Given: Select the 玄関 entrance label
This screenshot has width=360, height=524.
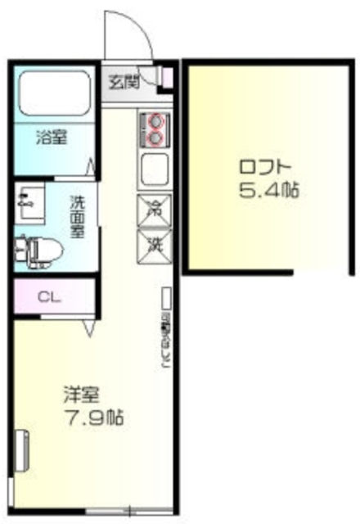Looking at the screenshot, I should (125, 81).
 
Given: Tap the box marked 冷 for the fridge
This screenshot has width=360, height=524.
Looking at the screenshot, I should (153, 210).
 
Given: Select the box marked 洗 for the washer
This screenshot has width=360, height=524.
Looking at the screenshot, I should (153, 243).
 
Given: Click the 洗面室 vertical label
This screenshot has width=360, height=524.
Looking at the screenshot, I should (76, 215).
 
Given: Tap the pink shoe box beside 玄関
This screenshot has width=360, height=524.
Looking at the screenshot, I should (167, 76).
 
